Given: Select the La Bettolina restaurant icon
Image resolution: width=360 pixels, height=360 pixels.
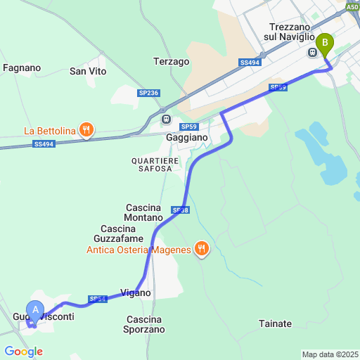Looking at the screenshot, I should [86, 129].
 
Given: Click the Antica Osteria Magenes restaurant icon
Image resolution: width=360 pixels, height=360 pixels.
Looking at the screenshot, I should [201, 247].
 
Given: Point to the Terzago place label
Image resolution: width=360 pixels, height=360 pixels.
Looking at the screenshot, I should [172, 62].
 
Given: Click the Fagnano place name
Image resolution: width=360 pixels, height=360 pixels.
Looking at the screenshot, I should [22, 68].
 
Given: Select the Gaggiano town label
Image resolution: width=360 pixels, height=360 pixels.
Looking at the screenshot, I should [186, 138].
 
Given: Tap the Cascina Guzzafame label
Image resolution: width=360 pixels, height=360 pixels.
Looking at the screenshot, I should [122, 234].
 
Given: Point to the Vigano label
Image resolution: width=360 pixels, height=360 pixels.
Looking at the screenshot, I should [136, 292].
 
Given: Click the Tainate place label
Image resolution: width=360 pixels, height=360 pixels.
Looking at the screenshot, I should [275, 323].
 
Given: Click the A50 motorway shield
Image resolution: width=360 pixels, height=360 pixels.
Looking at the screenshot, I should [353, 6].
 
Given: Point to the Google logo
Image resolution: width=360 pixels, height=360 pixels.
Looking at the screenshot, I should [23, 352].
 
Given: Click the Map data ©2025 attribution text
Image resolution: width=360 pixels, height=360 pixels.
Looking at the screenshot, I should [329, 354].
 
